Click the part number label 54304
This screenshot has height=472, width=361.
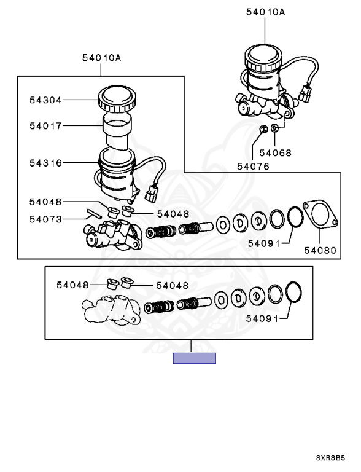45,100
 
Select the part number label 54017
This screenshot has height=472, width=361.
45,125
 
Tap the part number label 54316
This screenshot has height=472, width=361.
45,163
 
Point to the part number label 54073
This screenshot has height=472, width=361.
45,219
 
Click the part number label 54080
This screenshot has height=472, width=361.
320,250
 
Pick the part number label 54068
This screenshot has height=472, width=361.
275,153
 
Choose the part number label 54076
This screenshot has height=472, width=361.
253,166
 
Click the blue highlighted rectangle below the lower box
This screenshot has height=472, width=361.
195,358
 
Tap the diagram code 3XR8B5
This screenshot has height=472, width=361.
330,458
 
